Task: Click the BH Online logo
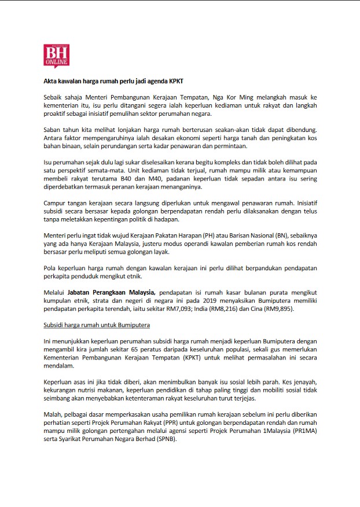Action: point(56,56)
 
